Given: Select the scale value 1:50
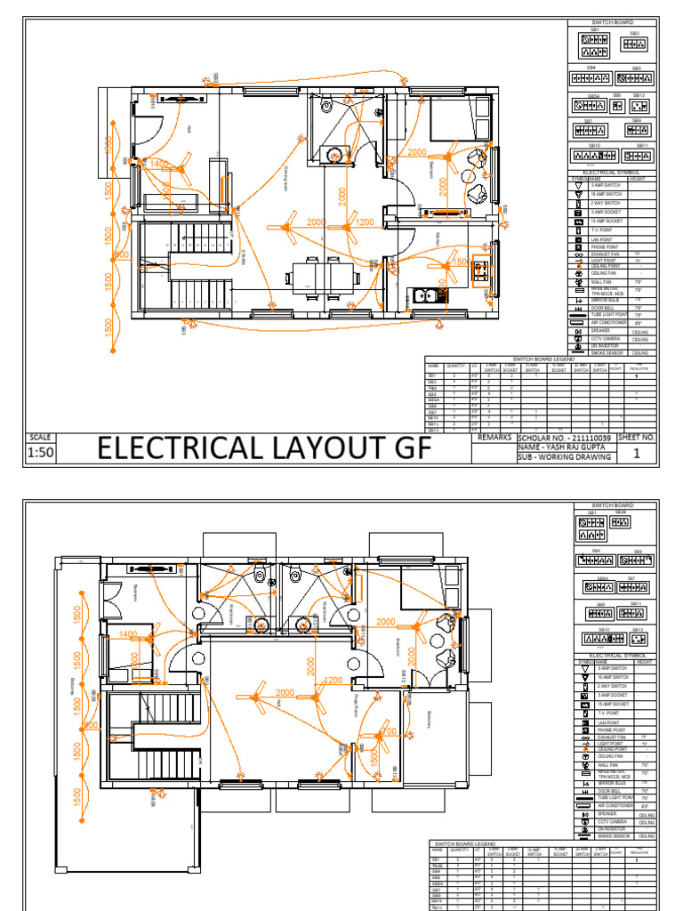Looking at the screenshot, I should click(x=42, y=455).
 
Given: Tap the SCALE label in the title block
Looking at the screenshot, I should click(x=41, y=438).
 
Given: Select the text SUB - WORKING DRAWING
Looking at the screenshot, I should click(x=565, y=457).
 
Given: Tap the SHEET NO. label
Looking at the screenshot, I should click(x=636, y=439).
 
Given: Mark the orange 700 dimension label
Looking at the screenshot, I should click(x=387, y=731).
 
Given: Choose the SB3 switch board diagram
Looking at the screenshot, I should click(x=634, y=44).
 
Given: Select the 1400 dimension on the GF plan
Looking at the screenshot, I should click(x=160, y=165).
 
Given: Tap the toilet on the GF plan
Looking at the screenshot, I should click(x=326, y=105).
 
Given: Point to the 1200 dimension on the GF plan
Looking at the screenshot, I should click(x=365, y=222).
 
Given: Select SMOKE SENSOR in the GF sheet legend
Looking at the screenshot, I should click(x=606, y=353).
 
